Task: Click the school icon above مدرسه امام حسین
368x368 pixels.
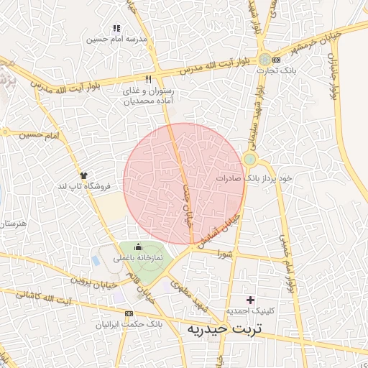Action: (x=117, y=28)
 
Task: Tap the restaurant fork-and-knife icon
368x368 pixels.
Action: (x=148, y=80)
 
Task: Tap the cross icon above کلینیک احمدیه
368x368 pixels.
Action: (x=250, y=299)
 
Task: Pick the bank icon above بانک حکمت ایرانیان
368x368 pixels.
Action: (x=129, y=314)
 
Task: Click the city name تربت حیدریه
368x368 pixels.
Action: (x=226, y=328)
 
